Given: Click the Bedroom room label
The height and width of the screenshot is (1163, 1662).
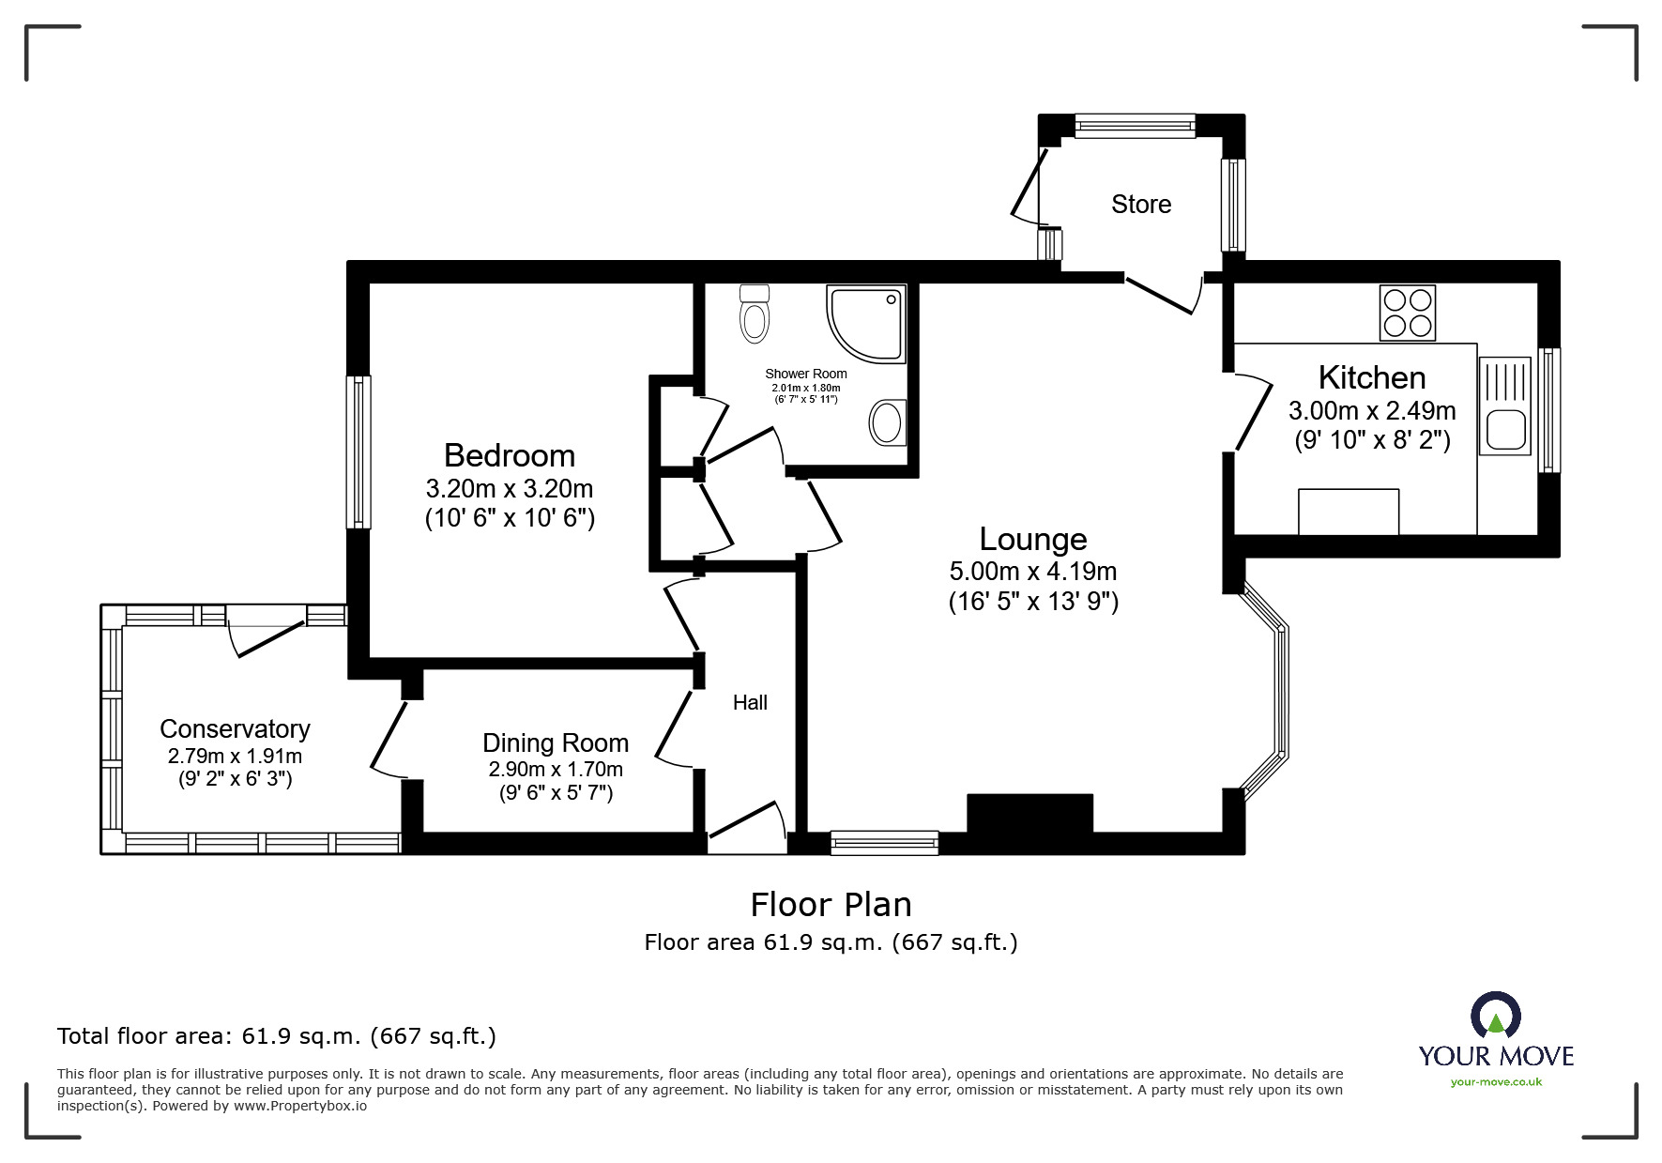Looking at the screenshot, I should point(509,455).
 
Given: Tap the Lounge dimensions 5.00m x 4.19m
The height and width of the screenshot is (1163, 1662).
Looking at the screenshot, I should point(1032,571).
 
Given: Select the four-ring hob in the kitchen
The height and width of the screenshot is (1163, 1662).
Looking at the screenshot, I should point(1407,313).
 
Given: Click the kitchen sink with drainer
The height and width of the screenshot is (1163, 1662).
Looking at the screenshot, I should point(1504,406).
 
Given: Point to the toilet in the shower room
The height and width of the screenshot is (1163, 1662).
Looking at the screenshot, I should point(754,314).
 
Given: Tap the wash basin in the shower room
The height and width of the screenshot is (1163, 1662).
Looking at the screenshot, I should point(886,422).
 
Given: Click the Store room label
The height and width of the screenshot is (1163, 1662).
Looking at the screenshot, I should point(1140,204).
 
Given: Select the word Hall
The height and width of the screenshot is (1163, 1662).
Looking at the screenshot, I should point(750,702).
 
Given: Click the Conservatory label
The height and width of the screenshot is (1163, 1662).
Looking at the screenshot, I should point(235,728).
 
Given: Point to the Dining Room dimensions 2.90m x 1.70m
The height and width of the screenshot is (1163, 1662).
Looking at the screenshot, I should point(556,770).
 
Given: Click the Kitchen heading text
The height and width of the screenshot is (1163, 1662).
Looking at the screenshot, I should point(1371,377).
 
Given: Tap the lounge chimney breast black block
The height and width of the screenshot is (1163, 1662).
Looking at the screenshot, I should point(1029,813).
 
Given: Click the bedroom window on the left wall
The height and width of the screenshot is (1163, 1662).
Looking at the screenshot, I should point(358,451).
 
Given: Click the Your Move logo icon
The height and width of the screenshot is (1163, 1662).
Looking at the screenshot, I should point(1495,1017).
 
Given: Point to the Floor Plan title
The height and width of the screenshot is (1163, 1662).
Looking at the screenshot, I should point(831,904).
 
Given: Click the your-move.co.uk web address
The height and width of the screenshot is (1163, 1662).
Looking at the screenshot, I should point(1496,1082).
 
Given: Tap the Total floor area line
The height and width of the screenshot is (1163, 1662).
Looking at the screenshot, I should point(277,1036).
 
